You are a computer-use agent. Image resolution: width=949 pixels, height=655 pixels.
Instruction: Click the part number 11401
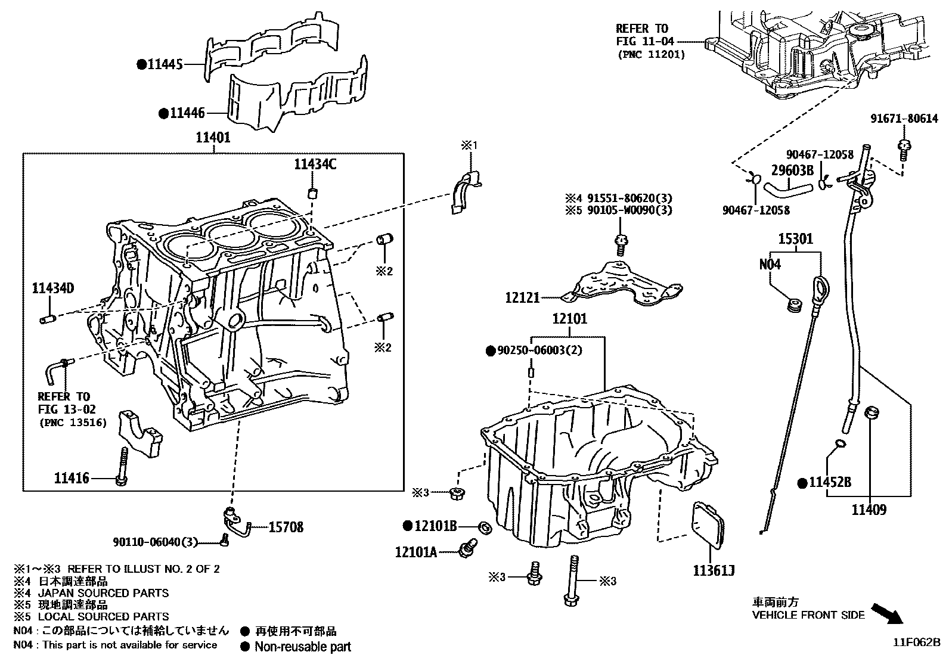pyautogui.click(x=213, y=138)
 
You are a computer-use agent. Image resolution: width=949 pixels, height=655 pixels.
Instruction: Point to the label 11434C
pyautogui.click(x=315, y=164)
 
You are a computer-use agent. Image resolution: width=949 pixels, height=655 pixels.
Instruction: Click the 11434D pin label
pyautogui.click(x=52, y=289)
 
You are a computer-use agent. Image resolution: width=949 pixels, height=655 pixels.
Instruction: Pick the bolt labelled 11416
pyautogui.click(x=122, y=465)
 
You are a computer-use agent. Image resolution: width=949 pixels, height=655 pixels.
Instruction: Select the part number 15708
pyautogui.click(x=286, y=527)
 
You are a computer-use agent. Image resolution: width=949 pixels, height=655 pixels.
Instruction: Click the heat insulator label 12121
pyautogui.click(x=522, y=297)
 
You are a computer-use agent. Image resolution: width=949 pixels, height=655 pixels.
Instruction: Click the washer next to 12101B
pyautogui.click(x=485, y=526)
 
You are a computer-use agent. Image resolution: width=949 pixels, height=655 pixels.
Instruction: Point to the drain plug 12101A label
pyautogui.click(x=415, y=552)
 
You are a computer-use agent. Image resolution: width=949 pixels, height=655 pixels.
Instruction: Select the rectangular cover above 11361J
pyautogui.click(x=708, y=529)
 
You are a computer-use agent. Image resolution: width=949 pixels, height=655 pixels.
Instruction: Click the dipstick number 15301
pyautogui.click(x=795, y=239)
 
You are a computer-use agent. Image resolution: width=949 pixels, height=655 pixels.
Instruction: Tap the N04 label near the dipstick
pyautogui.click(x=770, y=264)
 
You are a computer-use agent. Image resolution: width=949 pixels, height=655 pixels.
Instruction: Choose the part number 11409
pyautogui.click(x=869, y=510)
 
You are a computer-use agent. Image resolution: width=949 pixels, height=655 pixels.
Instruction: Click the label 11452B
pyautogui.click(x=830, y=482)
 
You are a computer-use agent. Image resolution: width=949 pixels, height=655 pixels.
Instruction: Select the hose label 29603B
pyautogui.click(x=792, y=170)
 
